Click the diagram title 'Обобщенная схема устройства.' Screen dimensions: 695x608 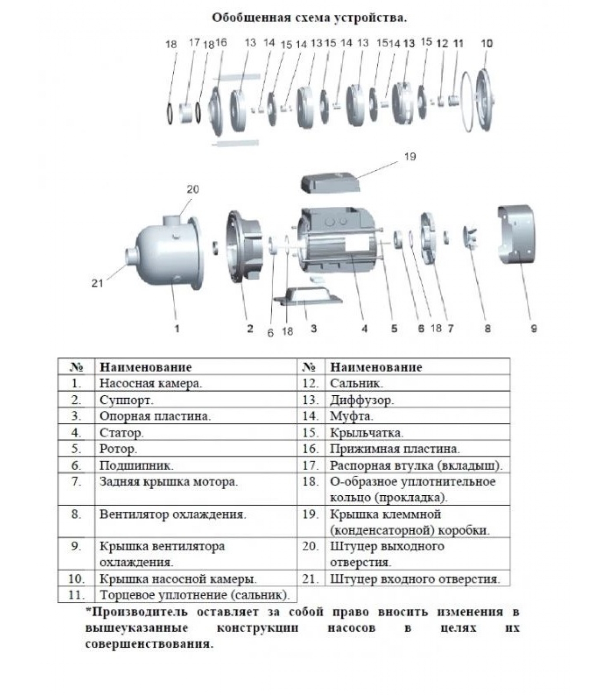(309, 18)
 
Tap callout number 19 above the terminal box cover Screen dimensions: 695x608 (410, 157)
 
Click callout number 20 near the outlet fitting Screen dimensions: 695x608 (193, 189)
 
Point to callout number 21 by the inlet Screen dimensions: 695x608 (97, 283)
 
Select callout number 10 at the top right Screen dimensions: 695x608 (487, 43)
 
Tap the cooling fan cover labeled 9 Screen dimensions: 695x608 (517, 235)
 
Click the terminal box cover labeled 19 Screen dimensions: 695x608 (330, 182)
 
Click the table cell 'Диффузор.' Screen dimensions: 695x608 (362, 400)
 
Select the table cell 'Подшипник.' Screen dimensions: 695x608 (136, 466)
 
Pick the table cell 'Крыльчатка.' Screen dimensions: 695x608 (367, 433)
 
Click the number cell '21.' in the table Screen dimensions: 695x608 (311, 579)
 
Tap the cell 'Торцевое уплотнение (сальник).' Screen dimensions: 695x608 (195, 595)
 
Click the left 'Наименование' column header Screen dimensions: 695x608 (145, 367)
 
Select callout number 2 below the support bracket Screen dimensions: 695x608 (250, 329)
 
